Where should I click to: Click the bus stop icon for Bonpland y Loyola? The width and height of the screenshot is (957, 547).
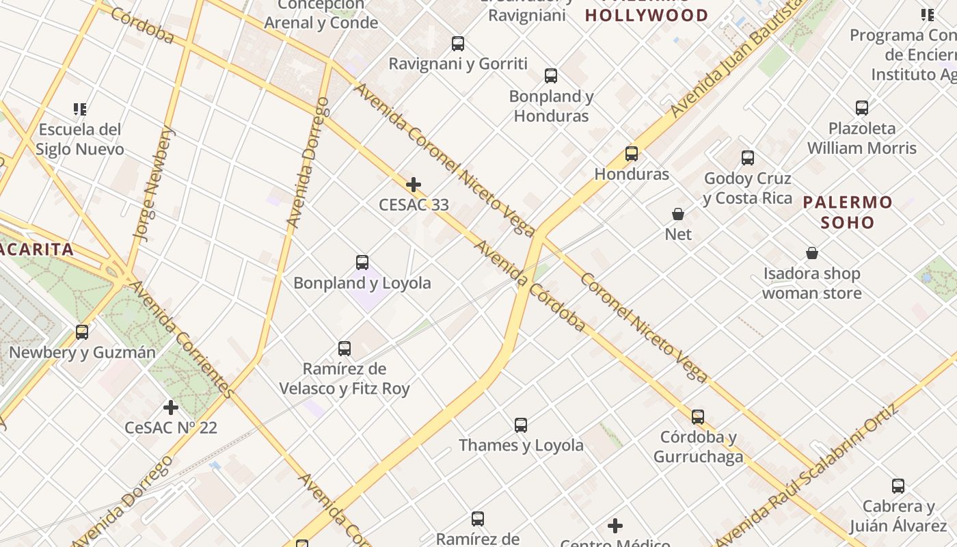[x=362, y=263]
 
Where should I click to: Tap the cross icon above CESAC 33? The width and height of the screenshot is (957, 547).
[x=414, y=185]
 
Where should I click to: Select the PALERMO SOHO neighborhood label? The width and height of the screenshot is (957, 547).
[x=848, y=212]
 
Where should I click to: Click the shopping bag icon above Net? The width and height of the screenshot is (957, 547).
[x=678, y=215]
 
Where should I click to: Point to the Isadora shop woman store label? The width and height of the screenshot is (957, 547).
[x=811, y=284]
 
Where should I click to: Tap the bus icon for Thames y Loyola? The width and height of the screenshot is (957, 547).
[x=521, y=425]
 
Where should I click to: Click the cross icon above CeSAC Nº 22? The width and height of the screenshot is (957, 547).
[x=171, y=408]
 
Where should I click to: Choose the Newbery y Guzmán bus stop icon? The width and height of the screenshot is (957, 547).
[x=82, y=332]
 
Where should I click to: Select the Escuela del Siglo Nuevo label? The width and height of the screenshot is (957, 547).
[x=80, y=139]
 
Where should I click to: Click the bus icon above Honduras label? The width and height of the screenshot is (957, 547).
[x=632, y=154]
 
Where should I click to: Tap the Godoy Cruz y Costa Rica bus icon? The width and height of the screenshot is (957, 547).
[x=748, y=158]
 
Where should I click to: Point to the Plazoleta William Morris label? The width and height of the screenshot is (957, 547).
[x=861, y=138]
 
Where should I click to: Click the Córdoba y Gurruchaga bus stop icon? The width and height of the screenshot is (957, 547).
[x=698, y=416]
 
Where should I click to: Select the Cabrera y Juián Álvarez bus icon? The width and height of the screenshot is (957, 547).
[x=898, y=486]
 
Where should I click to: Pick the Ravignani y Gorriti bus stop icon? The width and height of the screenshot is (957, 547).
[x=458, y=44]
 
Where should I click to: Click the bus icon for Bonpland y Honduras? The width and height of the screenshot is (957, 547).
[x=551, y=76]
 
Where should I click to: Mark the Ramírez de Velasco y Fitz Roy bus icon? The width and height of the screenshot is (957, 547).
[x=345, y=349]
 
